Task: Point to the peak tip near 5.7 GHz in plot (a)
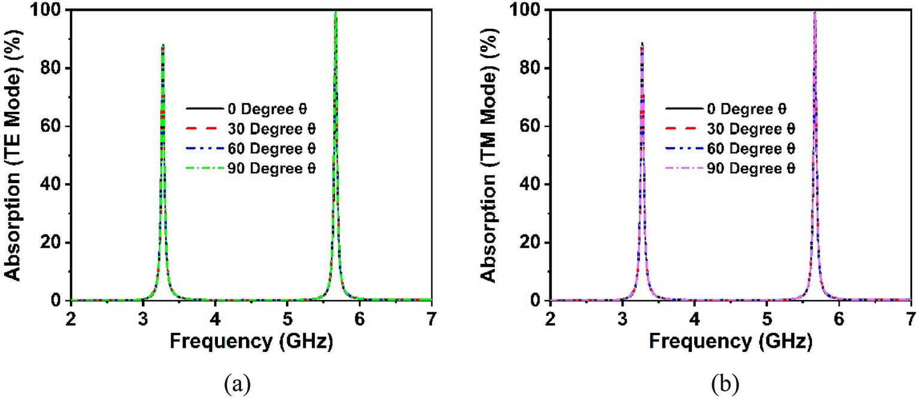tap(336, 13)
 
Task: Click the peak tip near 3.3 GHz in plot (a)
tap(163, 45)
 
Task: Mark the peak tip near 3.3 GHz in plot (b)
tap(642, 44)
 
